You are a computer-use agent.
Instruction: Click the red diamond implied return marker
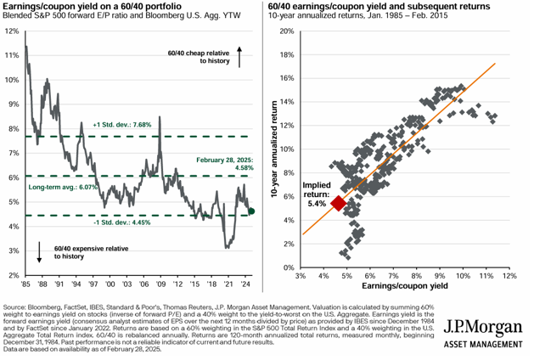coord(338,203)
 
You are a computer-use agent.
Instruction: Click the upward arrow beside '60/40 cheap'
coord(239,57)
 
